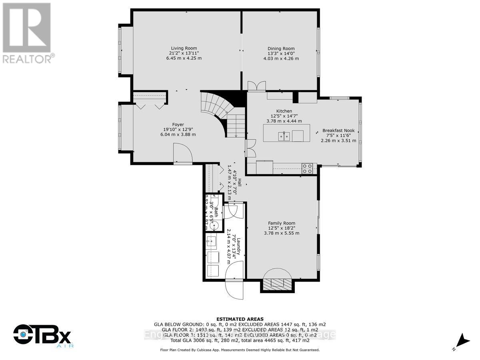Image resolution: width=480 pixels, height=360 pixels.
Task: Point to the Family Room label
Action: [282, 223]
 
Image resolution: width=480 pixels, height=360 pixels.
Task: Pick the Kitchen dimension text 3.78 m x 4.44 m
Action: [284, 121]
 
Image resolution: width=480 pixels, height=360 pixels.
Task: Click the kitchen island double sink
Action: [284, 136]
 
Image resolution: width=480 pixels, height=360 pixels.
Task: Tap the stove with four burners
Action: [307, 169]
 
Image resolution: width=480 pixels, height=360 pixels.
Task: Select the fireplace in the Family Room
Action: [279, 282]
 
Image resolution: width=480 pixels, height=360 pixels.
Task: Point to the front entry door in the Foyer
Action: [182, 154]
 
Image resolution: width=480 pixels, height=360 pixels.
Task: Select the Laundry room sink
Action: [211, 242]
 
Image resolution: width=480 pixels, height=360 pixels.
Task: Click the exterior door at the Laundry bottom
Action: [234, 282]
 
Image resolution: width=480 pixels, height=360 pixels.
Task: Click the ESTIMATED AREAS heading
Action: [240, 319]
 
